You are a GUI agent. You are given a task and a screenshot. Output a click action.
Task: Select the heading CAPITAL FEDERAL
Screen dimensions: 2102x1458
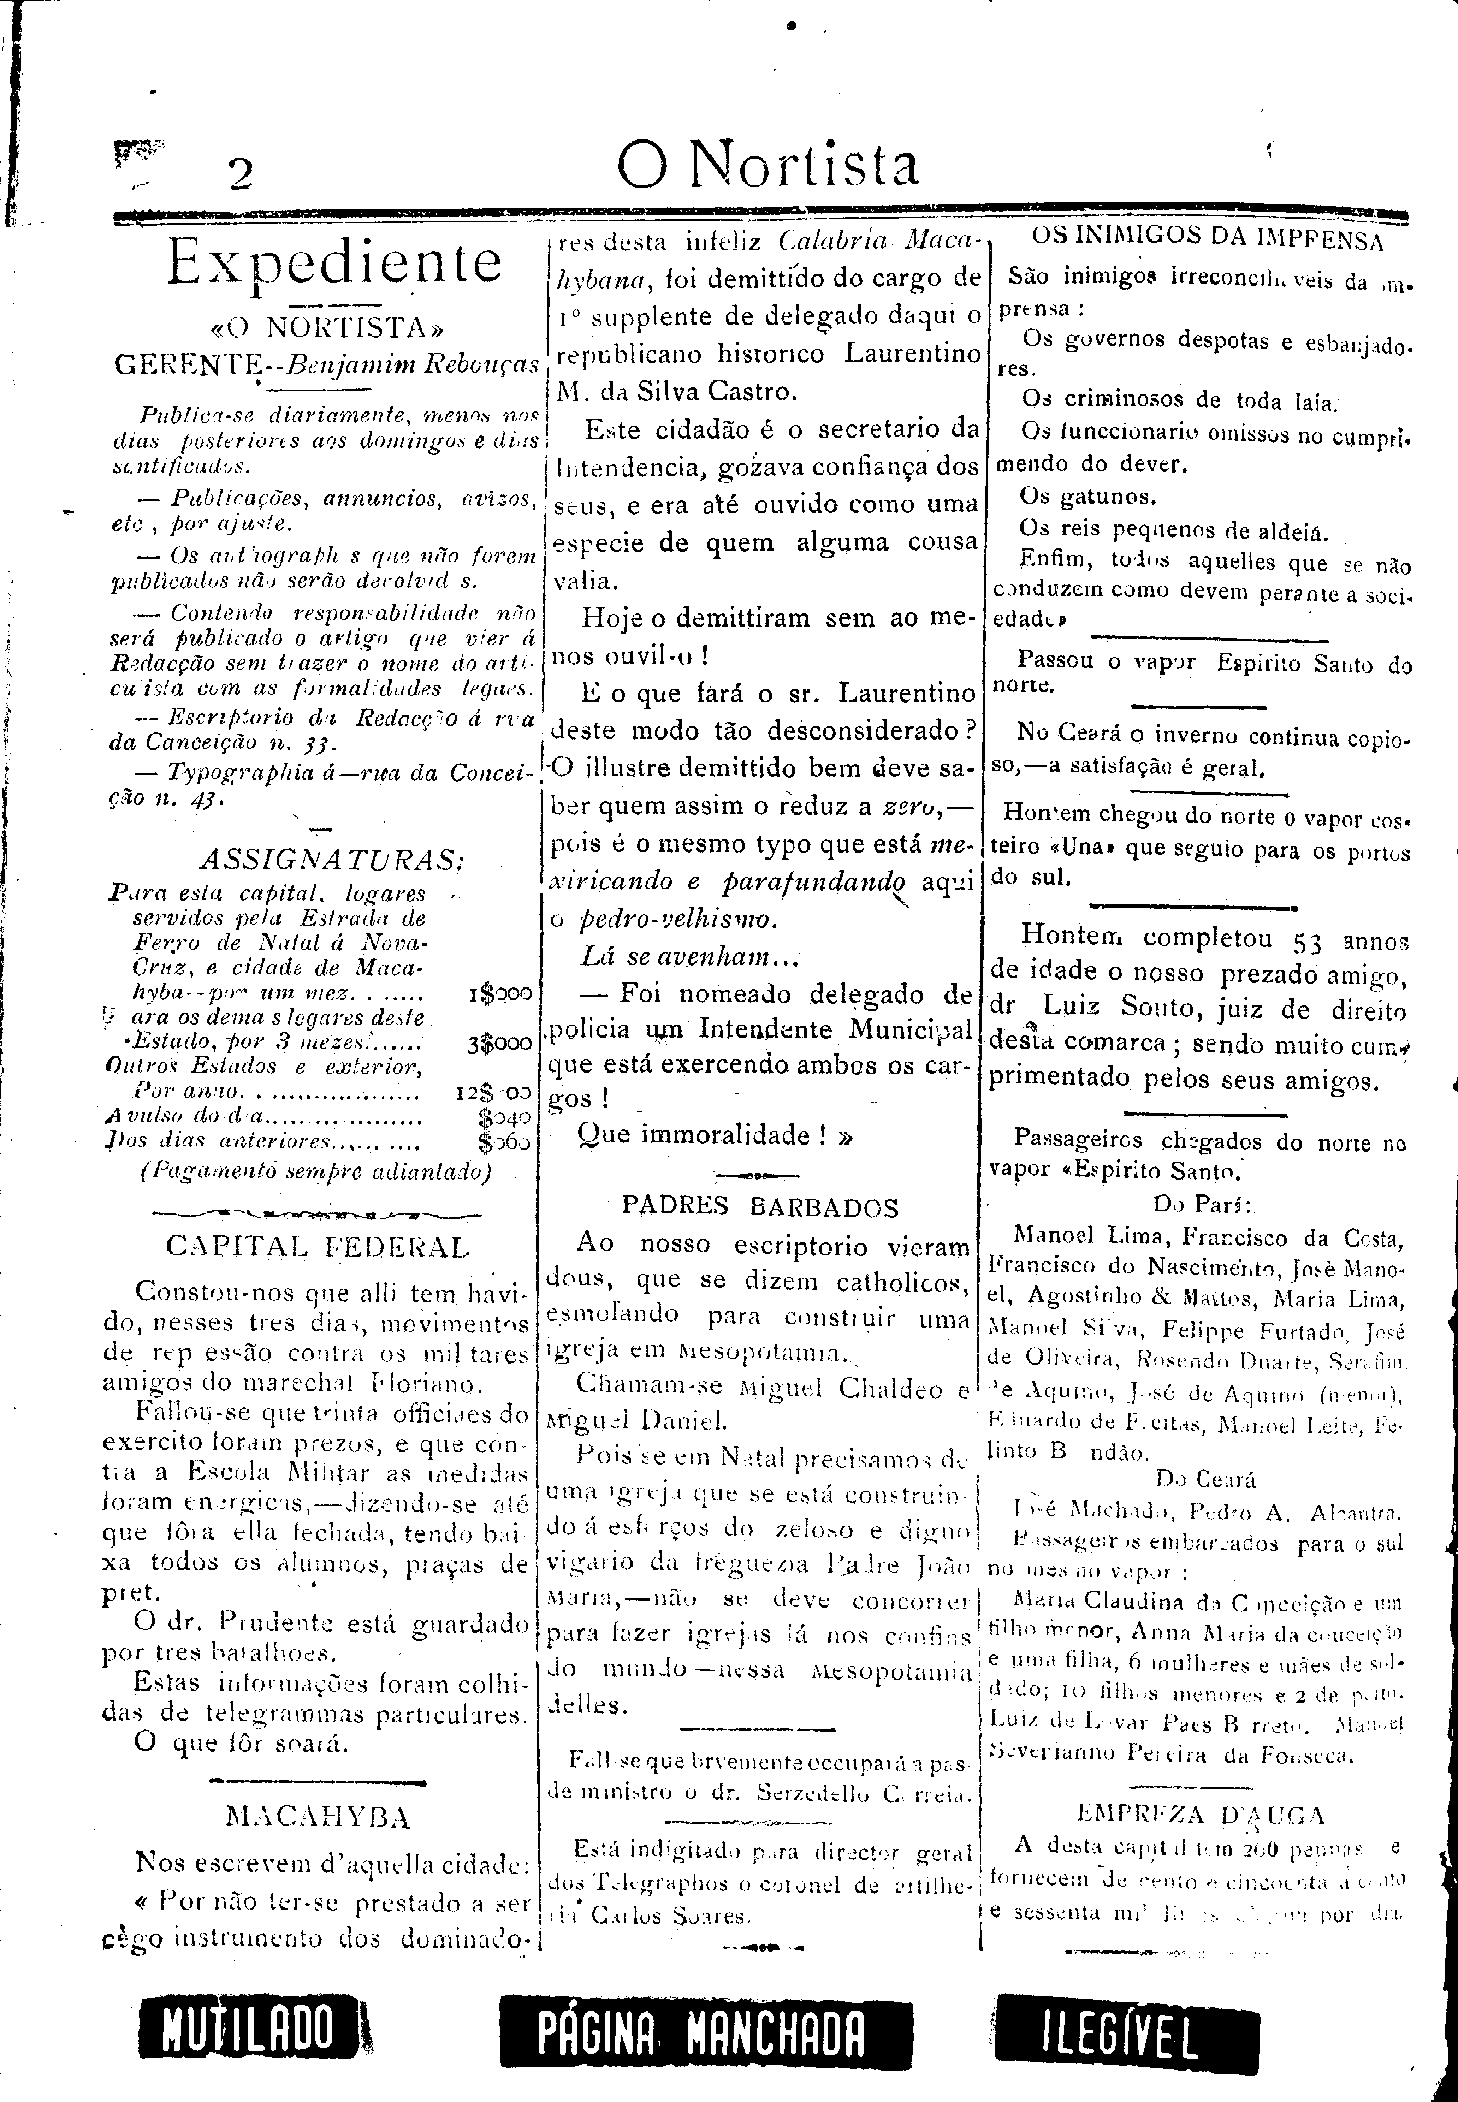318,1247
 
